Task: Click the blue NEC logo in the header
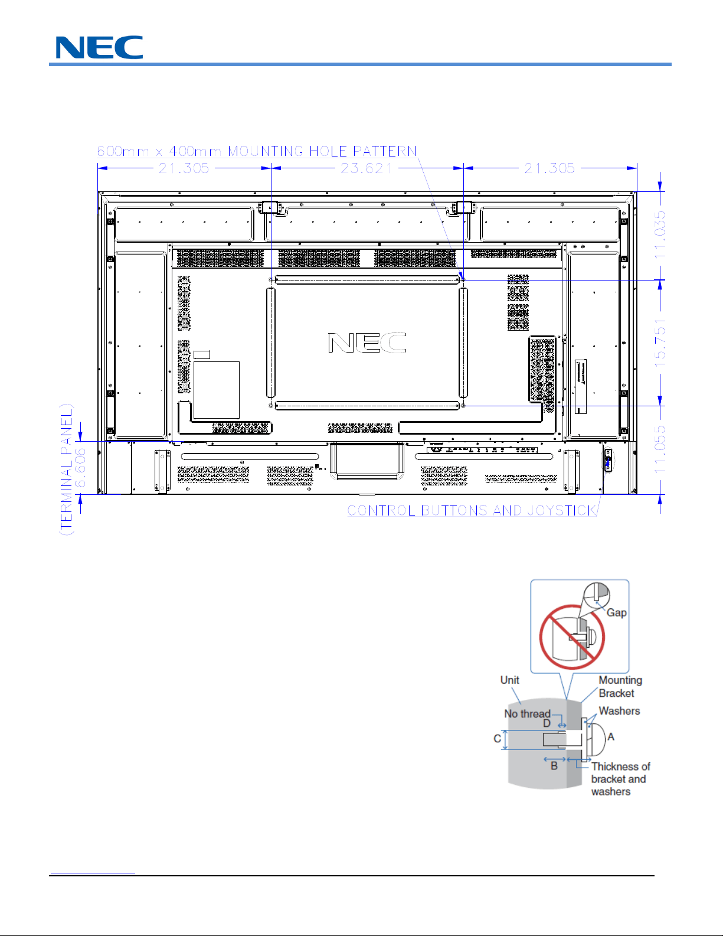[99, 47]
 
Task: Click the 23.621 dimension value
[367, 168]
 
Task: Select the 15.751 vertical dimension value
[660, 343]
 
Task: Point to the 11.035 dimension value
[660, 235]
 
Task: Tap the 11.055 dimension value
[660, 449]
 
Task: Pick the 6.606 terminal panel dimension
[80, 467]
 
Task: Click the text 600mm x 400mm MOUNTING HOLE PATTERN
[257, 151]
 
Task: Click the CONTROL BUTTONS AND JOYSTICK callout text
[472, 510]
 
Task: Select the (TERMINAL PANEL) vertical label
[66, 469]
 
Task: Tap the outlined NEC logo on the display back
[367, 343]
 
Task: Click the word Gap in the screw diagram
[616, 612]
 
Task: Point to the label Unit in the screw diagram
[509, 680]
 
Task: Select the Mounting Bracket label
[620, 686]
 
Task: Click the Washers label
[619, 711]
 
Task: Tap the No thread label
[527, 714]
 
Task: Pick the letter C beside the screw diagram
[497, 738]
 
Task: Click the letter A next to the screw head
[611, 736]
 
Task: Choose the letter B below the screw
[554, 765]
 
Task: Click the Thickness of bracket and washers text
[620, 779]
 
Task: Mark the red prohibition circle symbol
[572, 637]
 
